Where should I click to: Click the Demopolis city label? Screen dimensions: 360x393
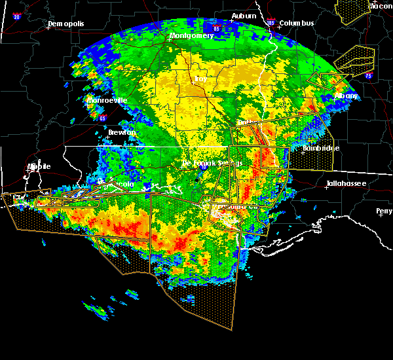point(67,24)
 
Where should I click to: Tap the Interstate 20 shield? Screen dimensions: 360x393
point(16,16)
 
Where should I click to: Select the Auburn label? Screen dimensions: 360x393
point(243,16)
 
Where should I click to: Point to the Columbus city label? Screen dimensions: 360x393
point(297,24)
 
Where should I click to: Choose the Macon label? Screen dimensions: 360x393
point(380,6)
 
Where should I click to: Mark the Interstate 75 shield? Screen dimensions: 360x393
point(368,76)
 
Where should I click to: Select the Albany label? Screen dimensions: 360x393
point(346,96)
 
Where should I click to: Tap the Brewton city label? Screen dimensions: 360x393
point(122,132)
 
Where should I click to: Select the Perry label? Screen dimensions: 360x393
point(384,211)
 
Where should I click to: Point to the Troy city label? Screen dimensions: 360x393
point(200,79)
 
